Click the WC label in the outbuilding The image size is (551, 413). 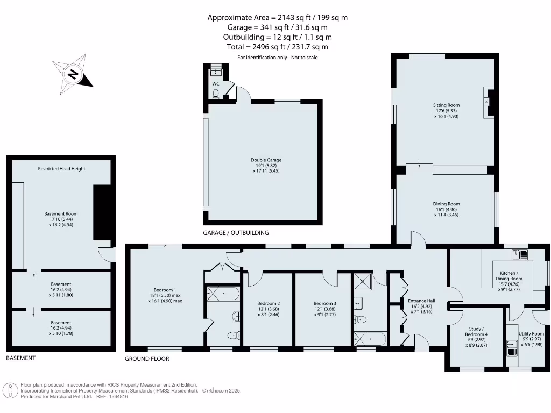215,84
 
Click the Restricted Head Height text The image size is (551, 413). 61,169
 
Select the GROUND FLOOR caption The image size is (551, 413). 147,359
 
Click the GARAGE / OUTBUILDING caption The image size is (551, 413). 236,233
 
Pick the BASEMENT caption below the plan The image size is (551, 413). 20,358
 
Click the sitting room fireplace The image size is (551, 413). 488,102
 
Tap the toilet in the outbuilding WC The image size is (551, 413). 216,94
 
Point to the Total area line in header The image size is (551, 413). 278,47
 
